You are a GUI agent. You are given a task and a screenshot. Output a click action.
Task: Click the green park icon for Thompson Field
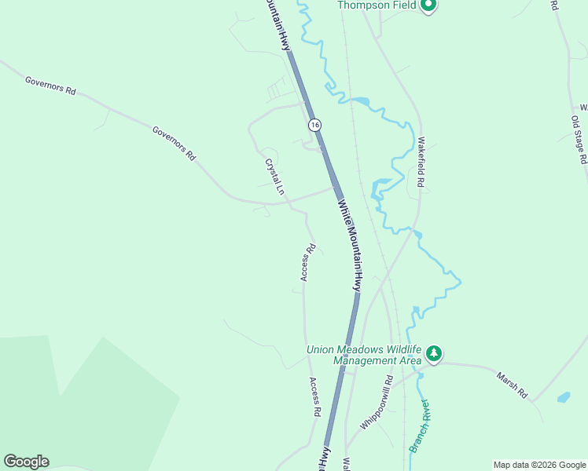click(x=428, y=6)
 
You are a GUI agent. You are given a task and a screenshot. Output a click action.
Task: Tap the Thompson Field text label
click(x=377, y=5)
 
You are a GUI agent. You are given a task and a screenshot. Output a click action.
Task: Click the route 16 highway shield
click(x=314, y=125)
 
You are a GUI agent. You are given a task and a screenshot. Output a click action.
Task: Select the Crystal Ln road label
click(x=274, y=177)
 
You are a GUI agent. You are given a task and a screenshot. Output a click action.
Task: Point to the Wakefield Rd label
click(x=421, y=162)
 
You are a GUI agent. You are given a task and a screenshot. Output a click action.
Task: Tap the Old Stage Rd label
click(x=579, y=139)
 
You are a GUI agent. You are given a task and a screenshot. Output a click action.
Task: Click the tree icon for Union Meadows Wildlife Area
click(x=433, y=355)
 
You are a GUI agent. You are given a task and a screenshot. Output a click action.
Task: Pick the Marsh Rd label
click(x=511, y=385)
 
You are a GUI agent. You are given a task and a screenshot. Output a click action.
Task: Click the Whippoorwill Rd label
click(x=377, y=407)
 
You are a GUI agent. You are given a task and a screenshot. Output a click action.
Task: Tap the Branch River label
click(x=419, y=426)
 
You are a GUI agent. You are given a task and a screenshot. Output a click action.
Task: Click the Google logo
click(x=26, y=462)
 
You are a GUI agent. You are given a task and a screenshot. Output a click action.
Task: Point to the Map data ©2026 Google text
click(x=539, y=465)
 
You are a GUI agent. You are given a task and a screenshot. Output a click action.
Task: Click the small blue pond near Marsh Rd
click(x=564, y=397)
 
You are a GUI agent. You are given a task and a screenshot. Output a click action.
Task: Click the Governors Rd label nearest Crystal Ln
click(x=174, y=143)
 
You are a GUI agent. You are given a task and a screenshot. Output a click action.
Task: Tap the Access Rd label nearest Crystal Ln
click(x=307, y=262)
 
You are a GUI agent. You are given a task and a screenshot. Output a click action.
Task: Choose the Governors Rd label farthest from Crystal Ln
click(x=50, y=86)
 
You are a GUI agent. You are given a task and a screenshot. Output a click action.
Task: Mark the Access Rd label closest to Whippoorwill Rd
click(x=314, y=397)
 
